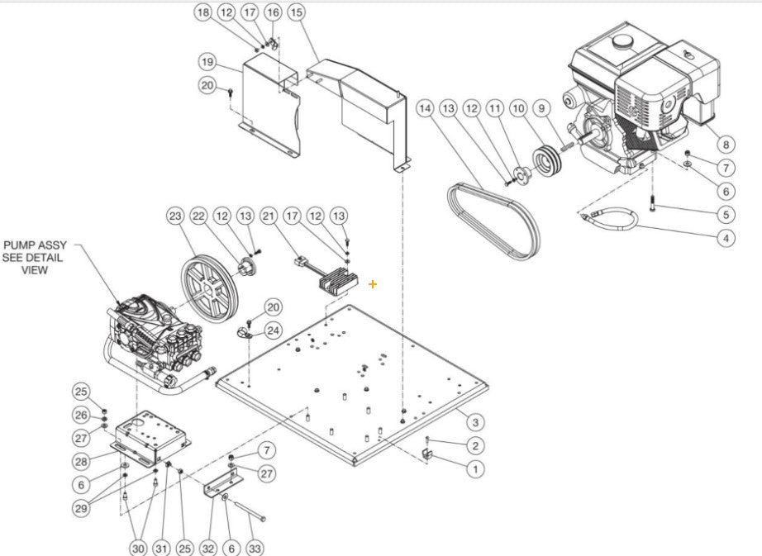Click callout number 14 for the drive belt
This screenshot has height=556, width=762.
425,109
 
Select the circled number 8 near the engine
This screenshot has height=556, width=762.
726,144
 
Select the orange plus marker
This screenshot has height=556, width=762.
373,284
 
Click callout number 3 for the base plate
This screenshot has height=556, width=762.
474,422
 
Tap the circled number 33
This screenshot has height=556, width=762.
255,548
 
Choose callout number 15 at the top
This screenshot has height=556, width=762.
295,12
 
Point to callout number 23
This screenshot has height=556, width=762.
174,216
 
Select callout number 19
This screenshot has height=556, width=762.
207,62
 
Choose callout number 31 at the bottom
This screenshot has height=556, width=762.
162,548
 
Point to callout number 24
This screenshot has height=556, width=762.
274,330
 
